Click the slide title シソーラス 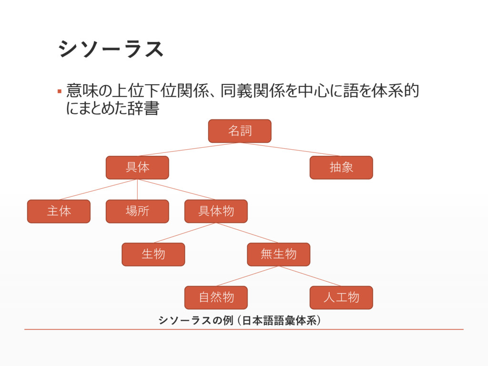(111, 49)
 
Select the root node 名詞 (240, 131)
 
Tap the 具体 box (137, 168)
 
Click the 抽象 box (341, 168)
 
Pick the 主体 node (59, 211)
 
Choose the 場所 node (137, 211)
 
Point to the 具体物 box (216, 211)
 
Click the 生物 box (153, 254)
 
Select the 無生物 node (278, 254)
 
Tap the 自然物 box (216, 297)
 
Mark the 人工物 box (341, 297)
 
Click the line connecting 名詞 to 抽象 (291, 150)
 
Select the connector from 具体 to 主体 (98, 190)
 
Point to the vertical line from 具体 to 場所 (137, 190)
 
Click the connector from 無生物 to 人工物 (310, 276)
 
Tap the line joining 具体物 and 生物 (184, 233)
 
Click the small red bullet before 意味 (60, 91)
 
